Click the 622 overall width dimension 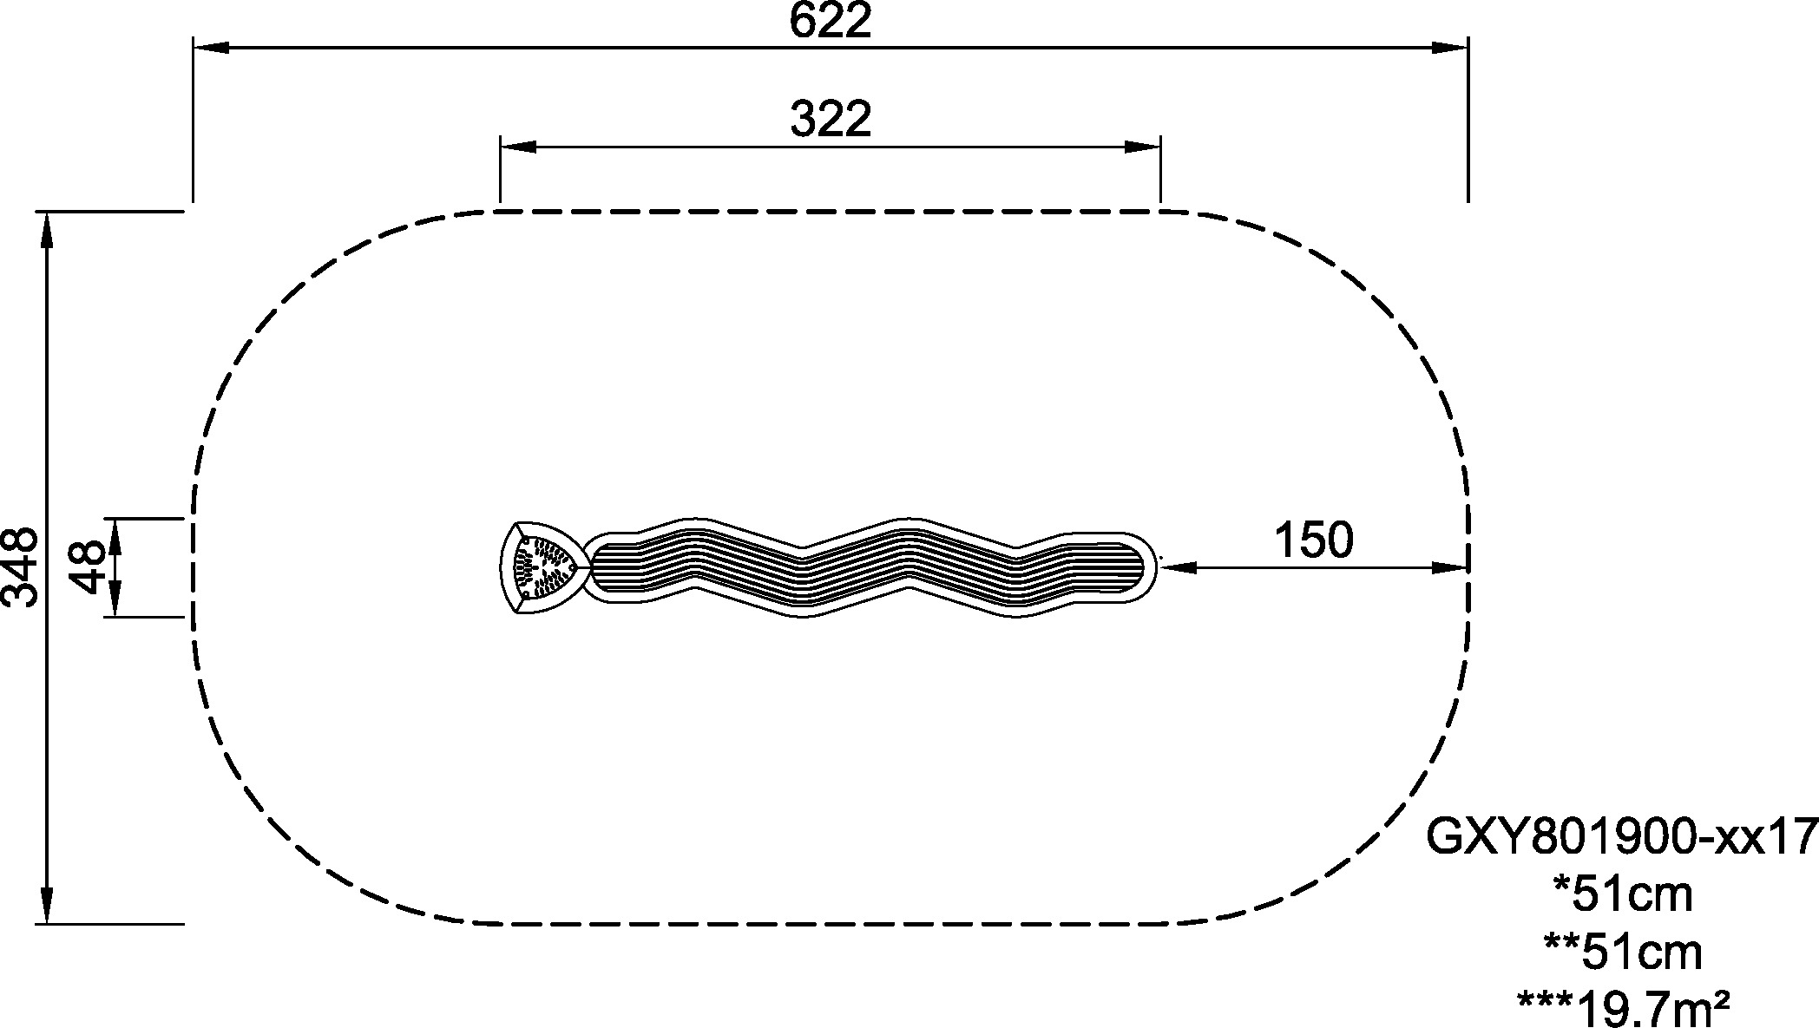pos(830,22)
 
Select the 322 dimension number pos(831,120)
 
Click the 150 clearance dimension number pos(1313,540)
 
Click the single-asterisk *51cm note pos(1622,894)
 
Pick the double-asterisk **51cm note pos(1622,952)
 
